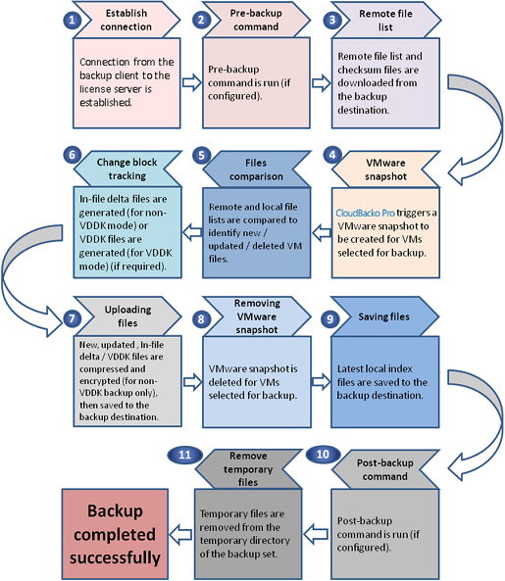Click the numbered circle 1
click(x=72, y=20)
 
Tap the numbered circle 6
click(x=72, y=155)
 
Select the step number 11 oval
click(x=185, y=455)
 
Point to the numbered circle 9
click(x=329, y=318)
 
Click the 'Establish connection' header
click(x=126, y=20)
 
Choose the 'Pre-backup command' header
click(x=256, y=20)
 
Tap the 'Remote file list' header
click(x=385, y=20)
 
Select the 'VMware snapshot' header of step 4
click(x=385, y=169)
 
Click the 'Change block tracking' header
click(x=127, y=169)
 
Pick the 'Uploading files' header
click(x=127, y=316)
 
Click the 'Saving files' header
click(x=384, y=316)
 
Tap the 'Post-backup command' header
click(x=385, y=469)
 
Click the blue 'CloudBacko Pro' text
click(x=365, y=213)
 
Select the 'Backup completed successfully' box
click(x=115, y=534)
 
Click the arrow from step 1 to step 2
click(x=191, y=82)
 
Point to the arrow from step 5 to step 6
click(x=191, y=232)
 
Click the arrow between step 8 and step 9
click(x=321, y=382)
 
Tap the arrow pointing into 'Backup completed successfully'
click(x=180, y=534)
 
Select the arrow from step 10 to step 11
click(x=316, y=534)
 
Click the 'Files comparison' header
click(x=256, y=169)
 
